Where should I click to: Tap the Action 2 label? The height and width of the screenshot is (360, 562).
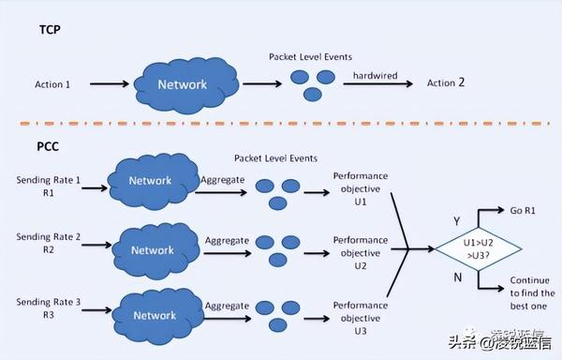tap(446, 82)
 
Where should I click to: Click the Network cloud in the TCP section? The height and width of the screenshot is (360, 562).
tap(182, 84)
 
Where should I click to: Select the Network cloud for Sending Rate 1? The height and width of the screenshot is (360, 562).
tap(151, 181)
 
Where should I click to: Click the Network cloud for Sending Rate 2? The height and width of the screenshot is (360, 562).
tap(152, 250)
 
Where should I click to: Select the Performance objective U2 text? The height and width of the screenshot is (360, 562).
tap(360, 253)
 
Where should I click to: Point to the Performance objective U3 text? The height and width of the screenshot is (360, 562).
tap(360, 319)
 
